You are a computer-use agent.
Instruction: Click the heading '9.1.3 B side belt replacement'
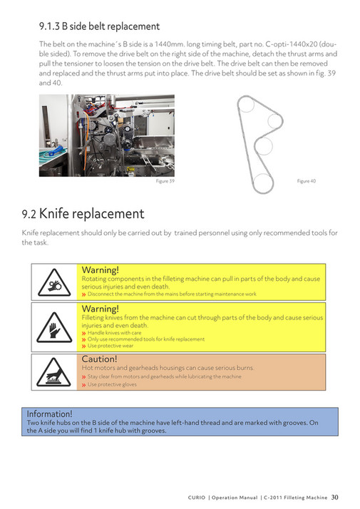pyautogui.click(x=99, y=26)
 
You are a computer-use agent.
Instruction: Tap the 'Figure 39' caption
pyautogui.click(x=165, y=182)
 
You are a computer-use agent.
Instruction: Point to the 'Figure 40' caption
pyautogui.click(x=306, y=181)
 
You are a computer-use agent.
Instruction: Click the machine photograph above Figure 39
pyautogui.click(x=106, y=135)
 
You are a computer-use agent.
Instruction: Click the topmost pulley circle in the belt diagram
pyautogui.click(x=245, y=107)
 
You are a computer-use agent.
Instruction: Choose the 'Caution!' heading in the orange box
pyautogui.click(x=99, y=359)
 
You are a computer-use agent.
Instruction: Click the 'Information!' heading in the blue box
pyautogui.click(x=49, y=414)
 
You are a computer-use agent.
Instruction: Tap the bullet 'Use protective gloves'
pyautogui.click(x=112, y=385)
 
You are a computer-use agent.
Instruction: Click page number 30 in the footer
pyautogui.click(x=334, y=497)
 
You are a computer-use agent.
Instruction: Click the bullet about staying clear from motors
pyautogui.click(x=164, y=376)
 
